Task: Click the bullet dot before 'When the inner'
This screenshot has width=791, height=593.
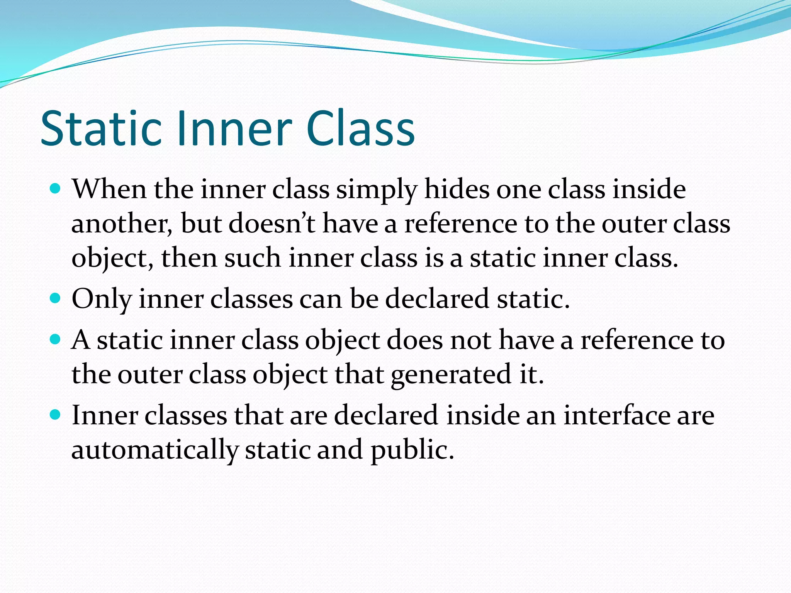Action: [x=56, y=189]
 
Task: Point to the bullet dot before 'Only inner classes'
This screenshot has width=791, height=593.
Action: [x=56, y=298]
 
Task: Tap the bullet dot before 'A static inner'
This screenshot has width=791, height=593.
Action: [x=56, y=339]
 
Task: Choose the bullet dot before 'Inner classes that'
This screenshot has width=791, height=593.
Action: [x=56, y=415]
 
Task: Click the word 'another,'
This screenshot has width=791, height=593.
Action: [x=122, y=224]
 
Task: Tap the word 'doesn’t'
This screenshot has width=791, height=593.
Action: [x=272, y=224]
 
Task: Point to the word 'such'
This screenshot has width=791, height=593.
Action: [x=253, y=258]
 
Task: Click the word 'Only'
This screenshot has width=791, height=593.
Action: [x=102, y=299]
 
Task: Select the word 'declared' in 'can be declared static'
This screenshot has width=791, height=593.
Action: [x=437, y=299]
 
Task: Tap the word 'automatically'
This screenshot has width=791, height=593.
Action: [x=155, y=450]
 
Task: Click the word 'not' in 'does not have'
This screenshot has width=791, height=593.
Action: [x=471, y=341]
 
